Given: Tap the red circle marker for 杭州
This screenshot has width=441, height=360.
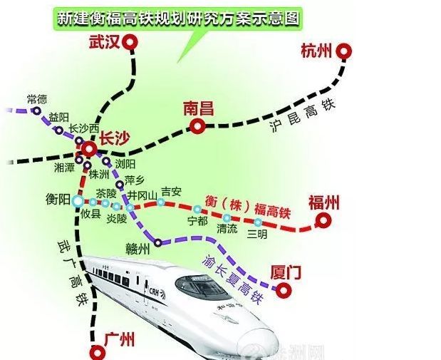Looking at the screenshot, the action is coord(345,51).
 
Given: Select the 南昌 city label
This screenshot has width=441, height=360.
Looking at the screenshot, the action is coord(198,109).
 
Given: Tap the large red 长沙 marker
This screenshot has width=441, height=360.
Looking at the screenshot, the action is coord(89,149).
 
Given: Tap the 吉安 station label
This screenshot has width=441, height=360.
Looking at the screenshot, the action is coord(171,191).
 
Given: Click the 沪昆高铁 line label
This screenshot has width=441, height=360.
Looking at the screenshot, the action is coord(303,117).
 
